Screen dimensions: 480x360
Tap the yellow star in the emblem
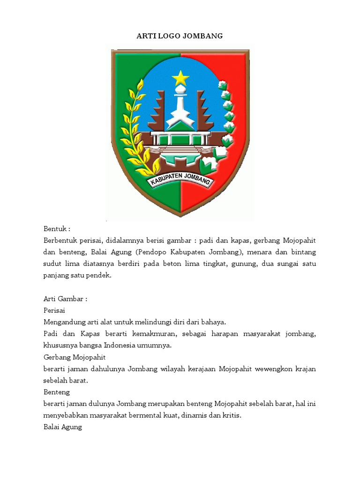[x=180, y=77]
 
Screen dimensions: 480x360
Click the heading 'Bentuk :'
[x=57, y=229]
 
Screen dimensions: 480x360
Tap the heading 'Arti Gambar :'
[x=65, y=299]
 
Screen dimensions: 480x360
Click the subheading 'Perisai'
[x=54, y=310]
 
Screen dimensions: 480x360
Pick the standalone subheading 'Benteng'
[x=56, y=391]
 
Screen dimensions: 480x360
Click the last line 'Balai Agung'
[x=63, y=427]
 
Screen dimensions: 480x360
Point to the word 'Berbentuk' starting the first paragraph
[x=60, y=241]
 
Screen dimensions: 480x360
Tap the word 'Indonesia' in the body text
[x=140, y=345]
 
